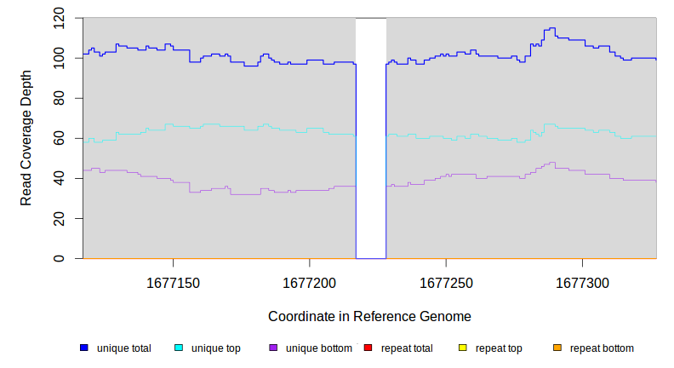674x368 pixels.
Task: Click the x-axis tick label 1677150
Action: pos(173,282)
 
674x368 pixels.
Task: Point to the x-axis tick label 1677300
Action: pos(582,282)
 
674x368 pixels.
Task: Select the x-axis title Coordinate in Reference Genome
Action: pos(369,316)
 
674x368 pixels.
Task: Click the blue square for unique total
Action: pos(84,348)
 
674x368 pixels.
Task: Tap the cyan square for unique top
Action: pos(179,348)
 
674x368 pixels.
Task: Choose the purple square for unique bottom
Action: pos(273,348)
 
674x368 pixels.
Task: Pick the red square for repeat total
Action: pos(368,348)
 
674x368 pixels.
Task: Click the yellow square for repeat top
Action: pos(463,348)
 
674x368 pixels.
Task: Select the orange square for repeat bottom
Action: pos(557,348)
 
